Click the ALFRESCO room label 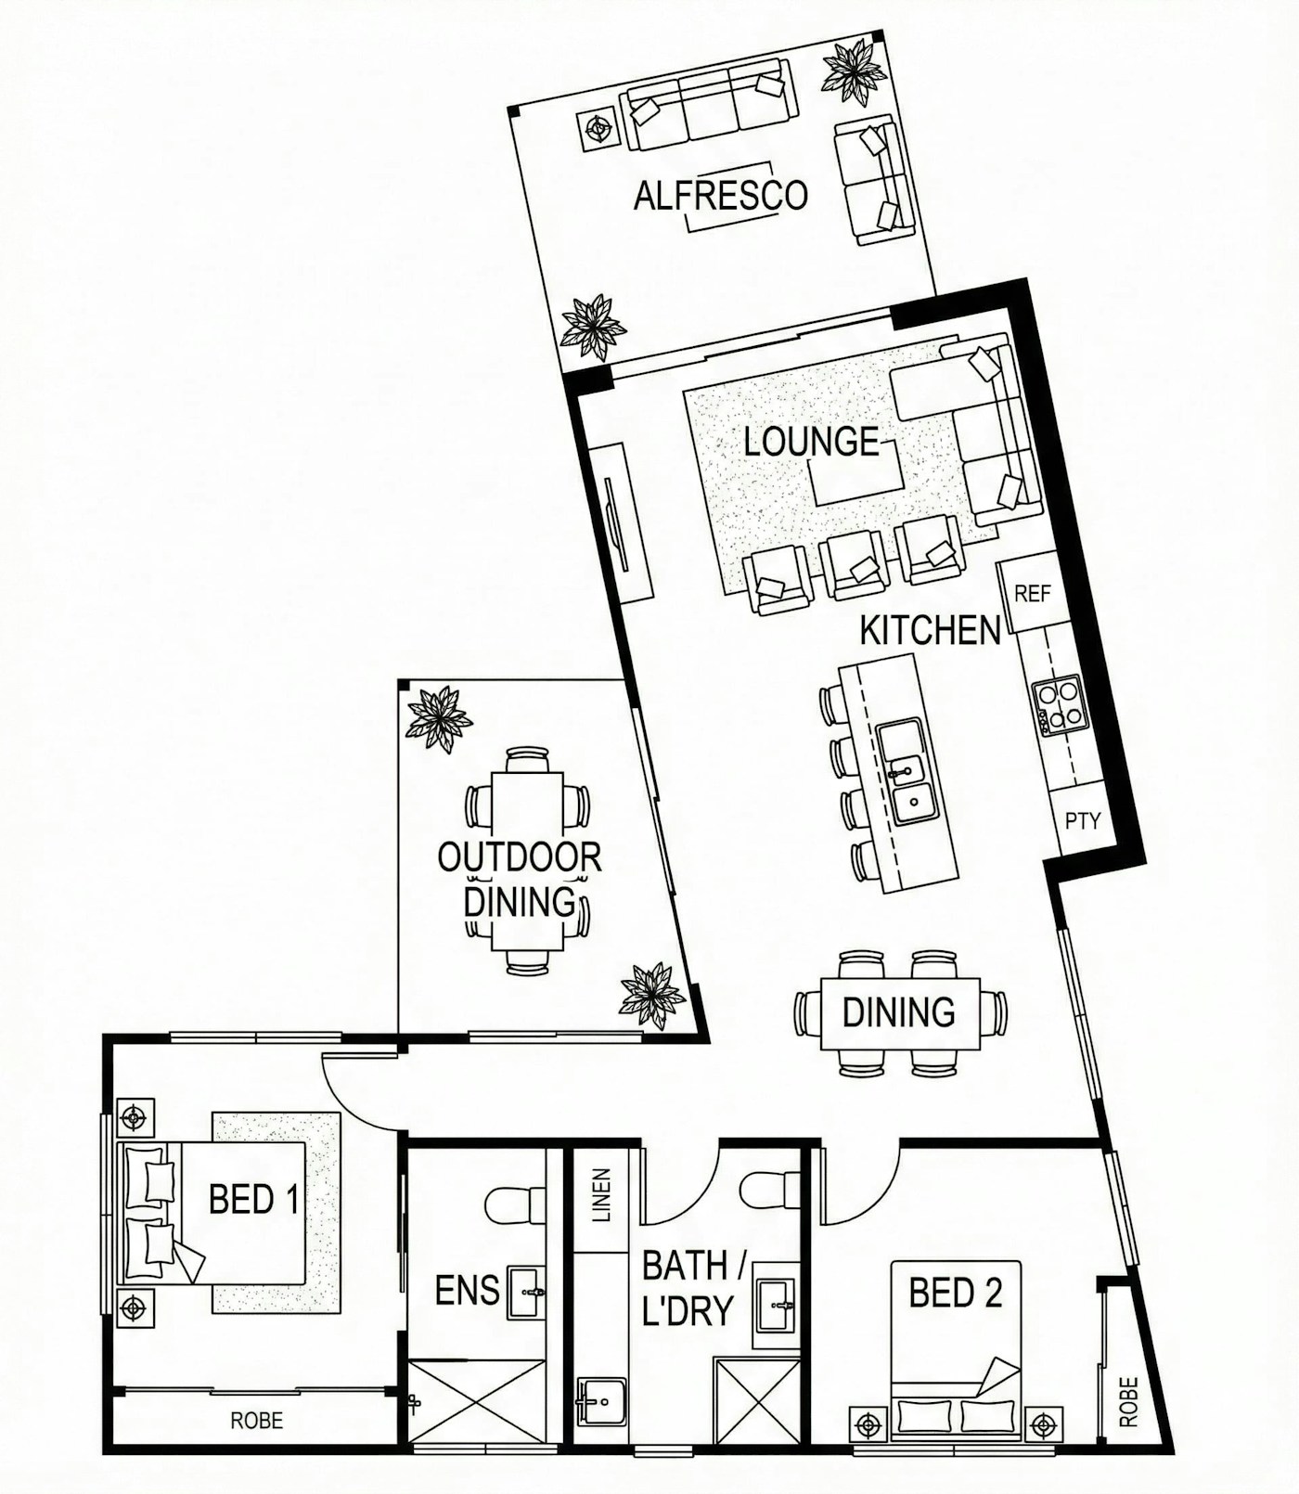(720, 196)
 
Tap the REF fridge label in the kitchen (1032, 593)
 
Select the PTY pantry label (1082, 820)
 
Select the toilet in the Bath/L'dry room (769, 1191)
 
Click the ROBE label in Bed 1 (257, 1420)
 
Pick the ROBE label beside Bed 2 (1128, 1401)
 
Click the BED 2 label (955, 1293)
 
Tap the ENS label (467, 1290)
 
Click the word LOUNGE (811, 442)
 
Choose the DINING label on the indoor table (898, 1011)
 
